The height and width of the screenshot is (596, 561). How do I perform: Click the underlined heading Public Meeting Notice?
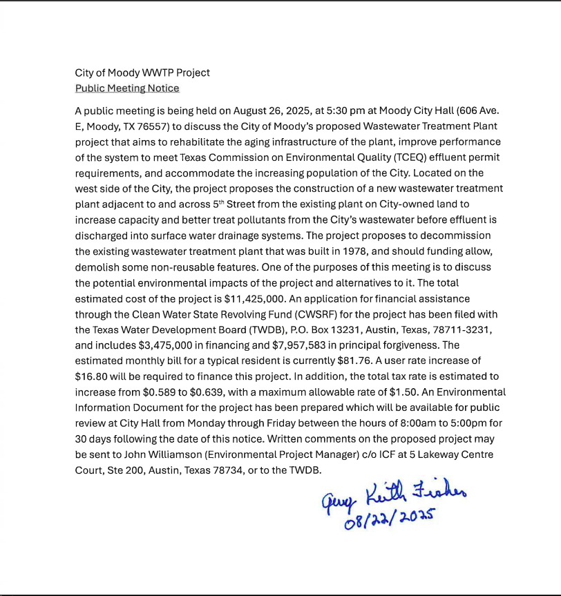tap(127, 88)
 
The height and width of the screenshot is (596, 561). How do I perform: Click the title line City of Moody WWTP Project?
tap(142, 73)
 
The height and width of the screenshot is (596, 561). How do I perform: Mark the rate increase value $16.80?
tap(91, 376)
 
